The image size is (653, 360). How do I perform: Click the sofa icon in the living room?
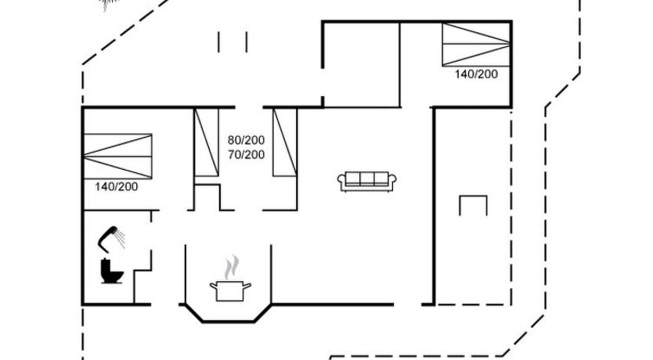(367, 182)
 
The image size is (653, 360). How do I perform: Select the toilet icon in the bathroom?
(112, 272)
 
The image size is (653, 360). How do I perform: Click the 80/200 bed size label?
(246, 140)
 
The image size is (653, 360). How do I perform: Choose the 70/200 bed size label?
(246, 155)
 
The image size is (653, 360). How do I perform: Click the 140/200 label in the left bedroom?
(116, 187)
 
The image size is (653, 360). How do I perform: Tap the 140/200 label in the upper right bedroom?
(476, 74)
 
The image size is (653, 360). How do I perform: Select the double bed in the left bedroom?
(118, 157)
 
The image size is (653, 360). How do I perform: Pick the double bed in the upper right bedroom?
(476, 44)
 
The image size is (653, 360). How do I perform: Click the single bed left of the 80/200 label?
(207, 142)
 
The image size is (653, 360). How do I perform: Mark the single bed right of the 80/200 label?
(285, 142)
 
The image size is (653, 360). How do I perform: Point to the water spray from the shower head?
(121, 238)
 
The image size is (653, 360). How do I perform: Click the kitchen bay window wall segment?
(228, 321)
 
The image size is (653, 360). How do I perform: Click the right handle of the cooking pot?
(247, 286)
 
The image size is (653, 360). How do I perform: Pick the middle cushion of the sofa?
(367, 179)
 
